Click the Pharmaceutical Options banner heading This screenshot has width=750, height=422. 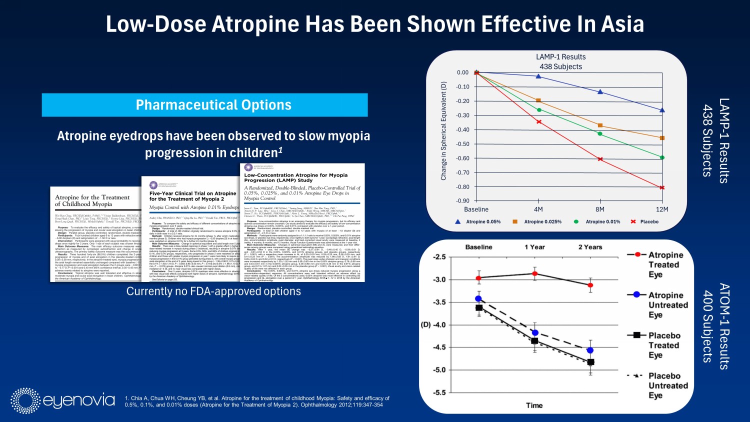point(213,105)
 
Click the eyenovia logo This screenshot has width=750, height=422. point(63,400)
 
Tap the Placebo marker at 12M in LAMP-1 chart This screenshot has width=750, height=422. point(662,187)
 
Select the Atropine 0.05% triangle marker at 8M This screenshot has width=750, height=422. point(600,92)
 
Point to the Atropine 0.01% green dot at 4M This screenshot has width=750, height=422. point(538,110)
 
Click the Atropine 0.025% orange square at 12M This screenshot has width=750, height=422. point(662,138)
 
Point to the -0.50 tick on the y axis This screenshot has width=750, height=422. point(462,144)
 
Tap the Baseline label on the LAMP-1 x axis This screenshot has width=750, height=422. point(476,209)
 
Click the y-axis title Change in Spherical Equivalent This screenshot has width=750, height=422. point(443,130)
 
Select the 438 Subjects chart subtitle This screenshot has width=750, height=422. point(560,66)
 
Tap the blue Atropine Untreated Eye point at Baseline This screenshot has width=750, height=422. point(478,299)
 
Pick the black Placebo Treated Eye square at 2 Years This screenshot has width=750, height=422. point(590,362)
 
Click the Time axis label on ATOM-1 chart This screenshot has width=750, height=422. point(534,405)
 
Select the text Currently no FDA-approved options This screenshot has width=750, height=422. point(213,291)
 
